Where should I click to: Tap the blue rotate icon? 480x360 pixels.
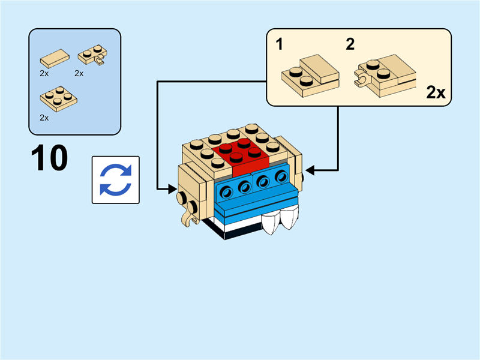[x=115, y=180]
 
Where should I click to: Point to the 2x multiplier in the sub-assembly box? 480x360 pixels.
[x=436, y=92]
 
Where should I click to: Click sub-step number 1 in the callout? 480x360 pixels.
[x=279, y=44]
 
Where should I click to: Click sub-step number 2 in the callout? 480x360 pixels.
[x=350, y=44]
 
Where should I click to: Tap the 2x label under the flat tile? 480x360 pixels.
[x=44, y=73]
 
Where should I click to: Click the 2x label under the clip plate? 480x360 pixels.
[x=79, y=73]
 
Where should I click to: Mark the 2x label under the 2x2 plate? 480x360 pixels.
[x=44, y=118]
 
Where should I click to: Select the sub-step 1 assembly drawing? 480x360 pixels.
[x=310, y=73]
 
